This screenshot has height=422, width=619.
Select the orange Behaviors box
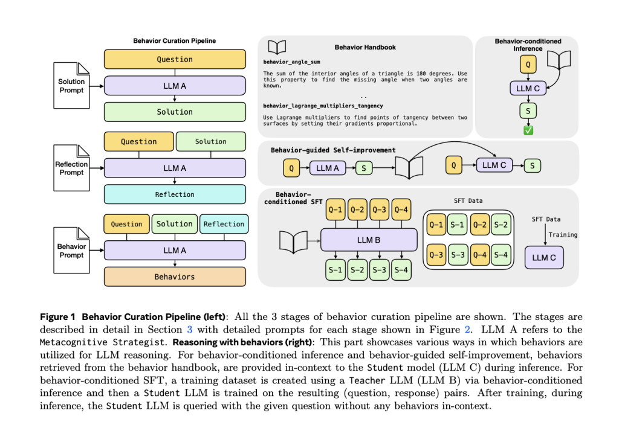(175, 277)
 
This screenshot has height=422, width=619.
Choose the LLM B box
(369, 240)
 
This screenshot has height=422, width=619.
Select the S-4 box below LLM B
(401, 269)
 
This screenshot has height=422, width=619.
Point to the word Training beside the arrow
(563, 234)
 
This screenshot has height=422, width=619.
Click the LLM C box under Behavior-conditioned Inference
(528, 88)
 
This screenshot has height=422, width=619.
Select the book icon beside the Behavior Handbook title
(277, 47)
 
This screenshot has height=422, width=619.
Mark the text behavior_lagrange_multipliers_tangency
(323, 106)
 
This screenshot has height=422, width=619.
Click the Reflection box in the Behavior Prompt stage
(223, 224)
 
